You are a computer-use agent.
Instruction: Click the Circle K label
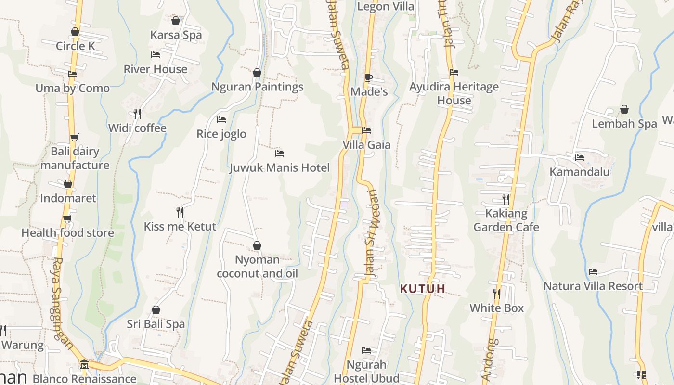point(75,46)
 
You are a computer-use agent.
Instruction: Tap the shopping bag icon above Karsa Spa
point(176,21)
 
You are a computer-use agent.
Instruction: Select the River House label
point(156,69)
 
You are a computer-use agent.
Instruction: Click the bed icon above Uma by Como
point(72,74)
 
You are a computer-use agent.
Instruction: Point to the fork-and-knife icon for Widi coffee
point(137,114)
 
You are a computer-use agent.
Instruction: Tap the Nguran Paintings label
point(258,87)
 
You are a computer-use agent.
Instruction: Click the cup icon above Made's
point(369,77)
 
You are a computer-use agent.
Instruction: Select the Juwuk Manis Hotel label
point(279,168)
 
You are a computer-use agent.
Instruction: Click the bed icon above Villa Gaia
point(366,130)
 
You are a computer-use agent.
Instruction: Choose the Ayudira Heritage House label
point(454,94)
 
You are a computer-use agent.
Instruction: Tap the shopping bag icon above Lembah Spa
point(624,110)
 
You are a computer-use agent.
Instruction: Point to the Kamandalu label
point(580,172)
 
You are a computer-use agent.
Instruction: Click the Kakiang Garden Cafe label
point(506,220)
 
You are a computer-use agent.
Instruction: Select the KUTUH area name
point(423,289)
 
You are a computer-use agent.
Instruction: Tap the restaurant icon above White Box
point(496,294)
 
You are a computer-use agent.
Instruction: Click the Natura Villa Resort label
point(593,286)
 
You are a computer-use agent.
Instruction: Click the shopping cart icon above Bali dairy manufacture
point(74,138)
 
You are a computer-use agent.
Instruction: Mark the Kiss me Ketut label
point(180,227)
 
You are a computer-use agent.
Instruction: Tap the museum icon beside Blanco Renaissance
point(84,364)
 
